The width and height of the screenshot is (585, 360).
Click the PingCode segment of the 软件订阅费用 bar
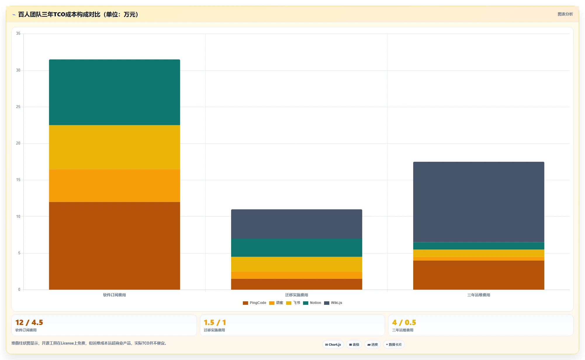[x=114, y=246]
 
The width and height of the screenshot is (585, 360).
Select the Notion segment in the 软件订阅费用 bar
[x=114, y=92]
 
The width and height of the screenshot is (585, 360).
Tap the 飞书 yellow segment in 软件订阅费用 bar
[x=114, y=147]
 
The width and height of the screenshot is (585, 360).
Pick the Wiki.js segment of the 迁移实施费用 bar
[x=297, y=224]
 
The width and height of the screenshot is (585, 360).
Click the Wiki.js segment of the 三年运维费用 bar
[x=479, y=202]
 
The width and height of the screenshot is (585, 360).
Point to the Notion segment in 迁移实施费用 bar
[x=297, y=248]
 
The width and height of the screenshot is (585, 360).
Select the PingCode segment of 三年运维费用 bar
[x=479, y=275]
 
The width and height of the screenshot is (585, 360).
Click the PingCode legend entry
[x=255, y=303]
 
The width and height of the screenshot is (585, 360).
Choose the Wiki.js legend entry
[x=333, y=303]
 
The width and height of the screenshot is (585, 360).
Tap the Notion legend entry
[x=312, y=303]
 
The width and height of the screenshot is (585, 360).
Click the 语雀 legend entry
[x=276, y=303]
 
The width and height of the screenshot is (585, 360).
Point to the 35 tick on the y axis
[x=18, y=34]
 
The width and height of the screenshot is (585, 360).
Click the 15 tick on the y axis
[x=18, y=180]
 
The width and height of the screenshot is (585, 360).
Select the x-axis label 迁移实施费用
[x=297, y=295]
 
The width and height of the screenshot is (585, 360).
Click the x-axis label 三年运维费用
[x=479, y=295]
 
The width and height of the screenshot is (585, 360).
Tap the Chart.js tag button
[x=333, y=345]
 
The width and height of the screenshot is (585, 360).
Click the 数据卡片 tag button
[x=394, y=345]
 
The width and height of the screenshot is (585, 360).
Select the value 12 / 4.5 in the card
[x=29, y=322]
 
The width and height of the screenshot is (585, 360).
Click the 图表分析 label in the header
[x=565, y=14]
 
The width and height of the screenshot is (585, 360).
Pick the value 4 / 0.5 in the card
[x=404, y=322]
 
